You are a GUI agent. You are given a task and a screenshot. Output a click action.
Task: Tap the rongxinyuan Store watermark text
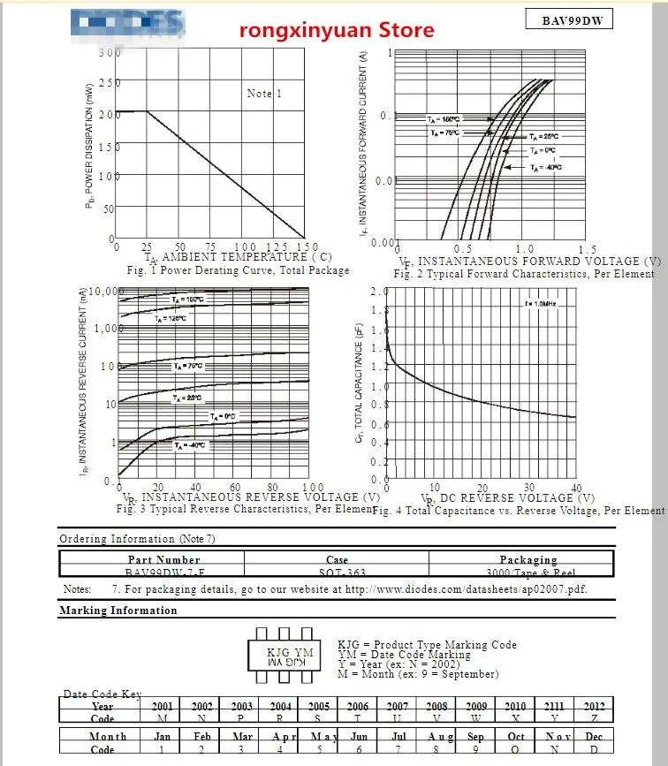[338, 31]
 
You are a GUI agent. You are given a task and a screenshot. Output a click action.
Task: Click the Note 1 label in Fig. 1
[264, 94]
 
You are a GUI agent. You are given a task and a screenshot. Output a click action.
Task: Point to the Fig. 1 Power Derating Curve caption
[238, 270]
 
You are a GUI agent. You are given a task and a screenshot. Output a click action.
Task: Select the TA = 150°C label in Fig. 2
[444, 119]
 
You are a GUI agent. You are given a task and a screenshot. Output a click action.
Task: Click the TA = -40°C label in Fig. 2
[545, 167]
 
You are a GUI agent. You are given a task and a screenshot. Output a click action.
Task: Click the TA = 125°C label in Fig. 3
[171, 318]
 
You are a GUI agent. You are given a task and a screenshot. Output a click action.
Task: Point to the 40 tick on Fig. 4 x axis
[576, 487]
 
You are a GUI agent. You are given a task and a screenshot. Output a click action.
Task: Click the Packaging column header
[528, 559]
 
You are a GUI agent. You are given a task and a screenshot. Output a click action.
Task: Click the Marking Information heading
[118, 611]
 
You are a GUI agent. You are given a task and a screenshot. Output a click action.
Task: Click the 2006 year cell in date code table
[358, 706]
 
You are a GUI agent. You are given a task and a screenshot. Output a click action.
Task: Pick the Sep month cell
[476, 736]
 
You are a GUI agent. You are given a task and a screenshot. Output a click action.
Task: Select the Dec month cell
[594, 736]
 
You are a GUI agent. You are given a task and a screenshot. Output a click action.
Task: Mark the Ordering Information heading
[137, 539]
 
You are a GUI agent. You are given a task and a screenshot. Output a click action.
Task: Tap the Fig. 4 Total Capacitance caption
[519, 511]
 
